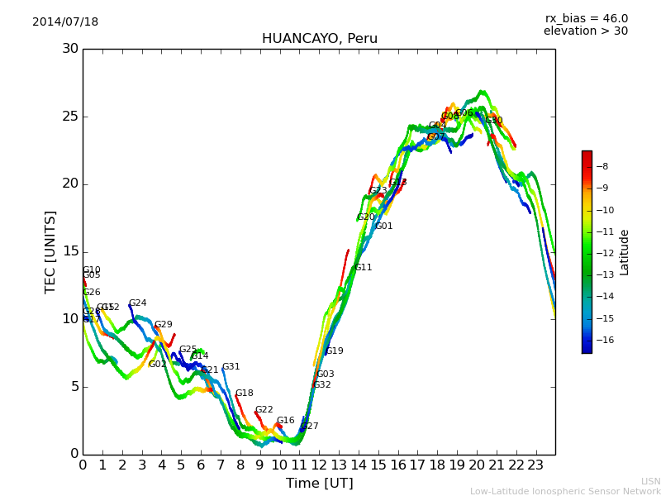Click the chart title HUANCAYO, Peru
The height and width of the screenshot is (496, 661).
click(319, 39)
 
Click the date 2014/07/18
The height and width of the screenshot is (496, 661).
click(65, 22)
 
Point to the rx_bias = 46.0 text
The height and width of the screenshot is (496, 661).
click(586, 19)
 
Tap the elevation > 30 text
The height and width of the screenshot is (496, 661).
click(585, 31)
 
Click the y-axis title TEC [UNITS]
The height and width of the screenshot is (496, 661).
click(51, 251)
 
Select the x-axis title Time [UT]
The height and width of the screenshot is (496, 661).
click(319, 484)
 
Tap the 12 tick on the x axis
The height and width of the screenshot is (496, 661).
click(319, 465)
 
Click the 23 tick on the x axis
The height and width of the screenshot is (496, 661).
click(535, 465)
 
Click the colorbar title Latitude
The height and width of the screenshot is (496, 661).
click(625, 252)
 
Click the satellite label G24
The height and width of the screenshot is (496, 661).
click(137, 303)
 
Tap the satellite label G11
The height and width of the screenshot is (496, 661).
click(363, 268)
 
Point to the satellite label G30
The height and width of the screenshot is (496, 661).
click(493, 121)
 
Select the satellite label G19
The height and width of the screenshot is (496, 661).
click(334, 351)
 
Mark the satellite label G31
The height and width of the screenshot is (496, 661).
click(231, 367)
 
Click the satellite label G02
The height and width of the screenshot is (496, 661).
click(157, 365)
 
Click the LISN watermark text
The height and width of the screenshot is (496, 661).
click(650, 481)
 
